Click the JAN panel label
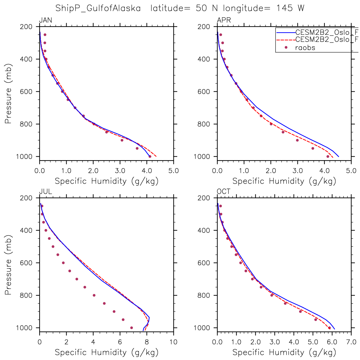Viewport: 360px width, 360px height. [x=45, y=21]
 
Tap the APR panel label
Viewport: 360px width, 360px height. [x=224, y=21]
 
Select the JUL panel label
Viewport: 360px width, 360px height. [x=45, y=192]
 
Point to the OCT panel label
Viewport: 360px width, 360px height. [x=224, y=192]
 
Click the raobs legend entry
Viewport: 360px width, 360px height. [x=305, y=48]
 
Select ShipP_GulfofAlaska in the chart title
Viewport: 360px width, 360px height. [x=98, y=9]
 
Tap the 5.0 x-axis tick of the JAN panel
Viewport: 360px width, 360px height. [x=173, y=171]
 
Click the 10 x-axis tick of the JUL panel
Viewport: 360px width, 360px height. [x=173, y=342]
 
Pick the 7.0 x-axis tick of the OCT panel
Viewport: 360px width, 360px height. [x=351, y=342]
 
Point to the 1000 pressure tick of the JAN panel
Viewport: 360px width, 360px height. [x=26, y=157]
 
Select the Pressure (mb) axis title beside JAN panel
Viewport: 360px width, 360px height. [x=8, y=92]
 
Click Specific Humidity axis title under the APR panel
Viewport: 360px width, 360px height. [x=284, y=181]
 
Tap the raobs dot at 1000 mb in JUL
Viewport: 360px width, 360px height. [x=132, y=328]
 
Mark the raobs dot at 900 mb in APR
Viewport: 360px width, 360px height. [x=297, y=140]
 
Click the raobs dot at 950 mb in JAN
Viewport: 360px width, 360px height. [x=137, y=148]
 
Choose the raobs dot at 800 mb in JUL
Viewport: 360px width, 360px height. [x=94, y=295]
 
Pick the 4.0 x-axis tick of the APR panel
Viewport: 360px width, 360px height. [x=324, y=171]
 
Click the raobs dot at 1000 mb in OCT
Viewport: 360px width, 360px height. [x=329, y=328]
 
